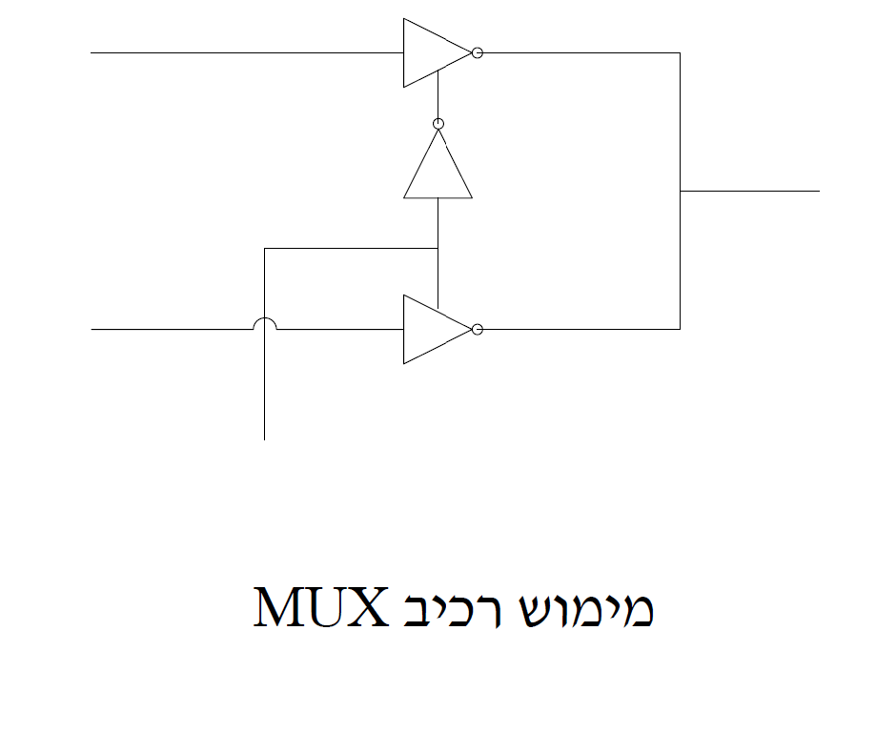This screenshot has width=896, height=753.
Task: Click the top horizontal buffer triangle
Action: pos(432,53)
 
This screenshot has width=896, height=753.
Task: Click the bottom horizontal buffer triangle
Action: pos(432,329)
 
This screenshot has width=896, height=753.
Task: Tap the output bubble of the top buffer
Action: pos(478,53)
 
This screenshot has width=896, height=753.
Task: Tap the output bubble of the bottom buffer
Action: pos(478,329)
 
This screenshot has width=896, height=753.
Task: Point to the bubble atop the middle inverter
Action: pos(438,124)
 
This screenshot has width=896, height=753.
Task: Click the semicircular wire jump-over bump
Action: pos(264,323)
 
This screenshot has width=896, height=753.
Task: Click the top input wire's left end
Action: pos(92,53)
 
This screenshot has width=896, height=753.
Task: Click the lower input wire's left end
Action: pos(92,329)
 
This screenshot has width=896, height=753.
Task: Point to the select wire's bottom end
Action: pos(264,438)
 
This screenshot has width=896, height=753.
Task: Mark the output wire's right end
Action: pos(818,191)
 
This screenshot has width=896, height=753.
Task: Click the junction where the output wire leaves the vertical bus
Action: pos(680,191)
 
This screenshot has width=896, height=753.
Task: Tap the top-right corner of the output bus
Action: pos(680,53)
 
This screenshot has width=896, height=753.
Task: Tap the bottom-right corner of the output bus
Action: pos(680,329)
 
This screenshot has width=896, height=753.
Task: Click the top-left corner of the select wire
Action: pos(264,249)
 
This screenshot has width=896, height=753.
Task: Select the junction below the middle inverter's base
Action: pos(438,249)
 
